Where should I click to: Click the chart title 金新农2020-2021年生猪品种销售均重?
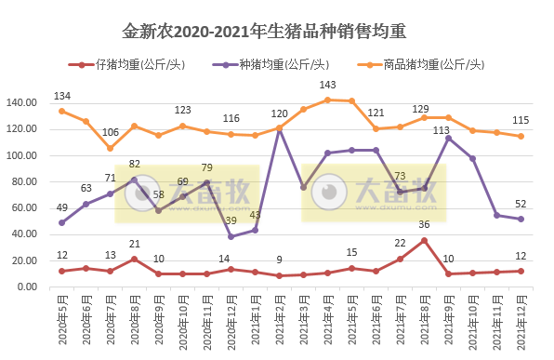point(276,33)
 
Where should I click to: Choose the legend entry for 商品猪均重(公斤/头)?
point(423,64)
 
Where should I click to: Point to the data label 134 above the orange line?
point(62,97)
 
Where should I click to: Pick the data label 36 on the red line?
point(424,224)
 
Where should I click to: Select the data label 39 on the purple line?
point(230,220)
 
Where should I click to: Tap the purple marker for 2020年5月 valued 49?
point(62,222)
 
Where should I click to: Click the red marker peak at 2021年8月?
point(424,240)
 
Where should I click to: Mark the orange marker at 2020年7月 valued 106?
point(111,148)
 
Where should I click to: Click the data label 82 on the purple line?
point(135,164)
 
